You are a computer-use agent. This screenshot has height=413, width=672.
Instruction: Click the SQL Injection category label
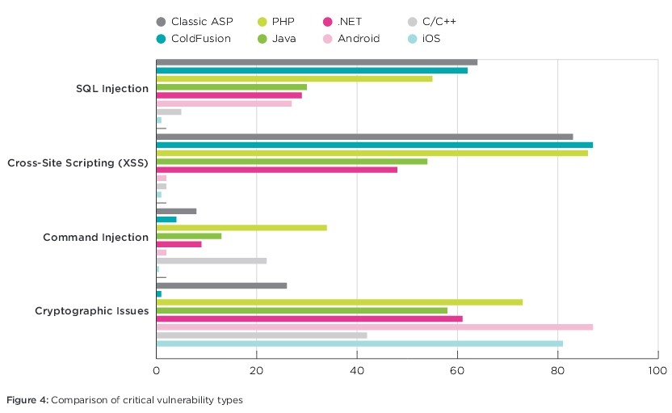[111, 89]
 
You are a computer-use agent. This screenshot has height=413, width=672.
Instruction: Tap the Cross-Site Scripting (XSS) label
[78, 163]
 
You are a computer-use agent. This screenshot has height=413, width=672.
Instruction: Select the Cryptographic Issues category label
[91, 311]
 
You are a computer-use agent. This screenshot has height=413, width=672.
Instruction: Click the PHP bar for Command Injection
[241, 228]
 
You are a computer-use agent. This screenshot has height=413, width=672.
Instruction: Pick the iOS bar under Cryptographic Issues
[359, 343]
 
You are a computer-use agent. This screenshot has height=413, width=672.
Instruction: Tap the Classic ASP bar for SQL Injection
[316, 62]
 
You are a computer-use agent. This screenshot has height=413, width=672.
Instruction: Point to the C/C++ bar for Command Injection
[211, 260]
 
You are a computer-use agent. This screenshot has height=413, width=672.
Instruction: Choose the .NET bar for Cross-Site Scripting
[276, 170]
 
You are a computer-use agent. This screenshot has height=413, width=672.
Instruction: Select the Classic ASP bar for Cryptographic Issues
[220, 285]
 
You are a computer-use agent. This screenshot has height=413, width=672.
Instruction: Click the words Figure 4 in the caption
[27, 400]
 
